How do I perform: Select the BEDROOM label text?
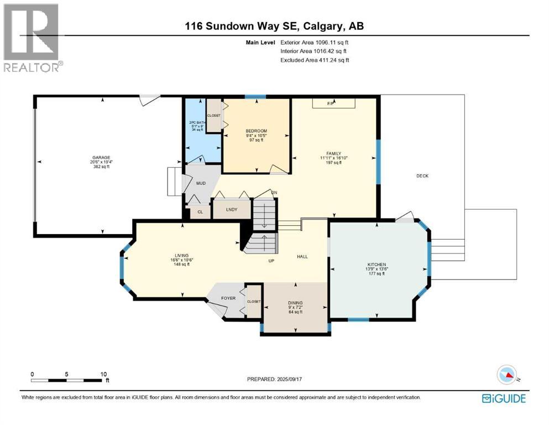(x=256, y=131)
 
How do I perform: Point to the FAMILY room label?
(x=333, y=154)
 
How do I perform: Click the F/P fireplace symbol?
(x=331, y=103)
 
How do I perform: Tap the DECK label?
(x=422, y=176)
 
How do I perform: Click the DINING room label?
(x=295, y=303)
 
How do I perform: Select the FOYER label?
(x=228, y=298)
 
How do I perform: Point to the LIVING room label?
(x=182, y=256)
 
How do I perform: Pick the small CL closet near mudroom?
(x=200, y=212)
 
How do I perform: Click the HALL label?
(x=302, y=256)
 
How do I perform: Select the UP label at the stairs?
(x=271, y=261)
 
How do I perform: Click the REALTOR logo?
(x=32, y=38)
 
